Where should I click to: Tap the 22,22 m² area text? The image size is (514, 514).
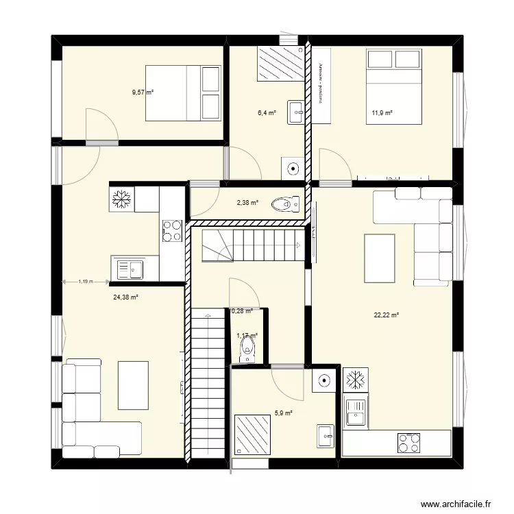point(387,315)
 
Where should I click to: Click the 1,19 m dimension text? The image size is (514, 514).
point(86,281)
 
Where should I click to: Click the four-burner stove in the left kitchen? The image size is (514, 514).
point(171,231)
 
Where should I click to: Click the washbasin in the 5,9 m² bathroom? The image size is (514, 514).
point(326,434)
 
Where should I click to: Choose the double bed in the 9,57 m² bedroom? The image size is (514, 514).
point(183,92)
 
